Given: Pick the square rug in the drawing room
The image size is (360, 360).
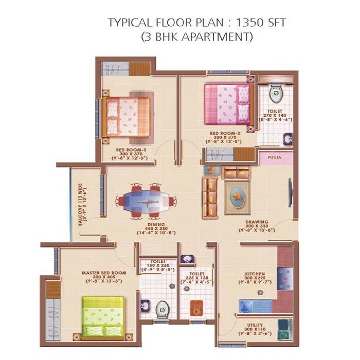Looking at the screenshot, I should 238,196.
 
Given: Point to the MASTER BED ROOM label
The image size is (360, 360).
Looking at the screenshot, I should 103,272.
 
